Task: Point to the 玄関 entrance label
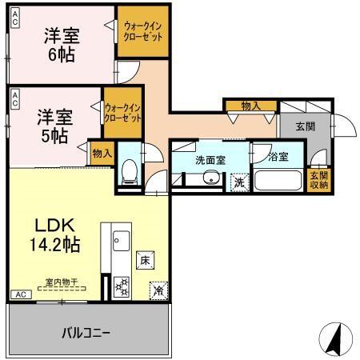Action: coord(305,126)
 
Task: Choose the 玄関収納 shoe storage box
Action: coord(319,180)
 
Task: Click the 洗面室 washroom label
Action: coord(210,159)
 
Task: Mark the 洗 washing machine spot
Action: coord(238,182)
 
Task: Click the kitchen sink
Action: coord(121,238)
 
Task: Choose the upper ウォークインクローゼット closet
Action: coord(143,32)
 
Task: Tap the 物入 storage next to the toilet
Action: coord(102,151)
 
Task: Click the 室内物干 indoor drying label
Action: coord(61,282)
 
